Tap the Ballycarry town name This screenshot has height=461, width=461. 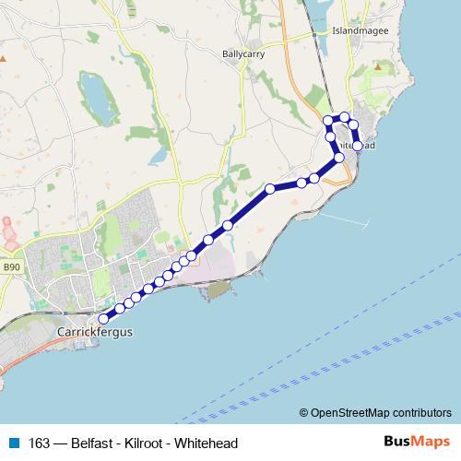(244, 54)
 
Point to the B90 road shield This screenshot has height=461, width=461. (10, 267)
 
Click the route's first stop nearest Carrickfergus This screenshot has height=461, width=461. (103, 320)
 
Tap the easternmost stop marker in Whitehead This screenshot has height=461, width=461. (357, 146)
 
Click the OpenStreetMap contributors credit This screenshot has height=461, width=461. (375, 412)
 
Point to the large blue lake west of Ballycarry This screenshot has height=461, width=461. (94, 95)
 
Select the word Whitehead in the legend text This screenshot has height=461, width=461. (207, 443)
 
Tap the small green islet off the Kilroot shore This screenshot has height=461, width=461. (218, 291)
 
